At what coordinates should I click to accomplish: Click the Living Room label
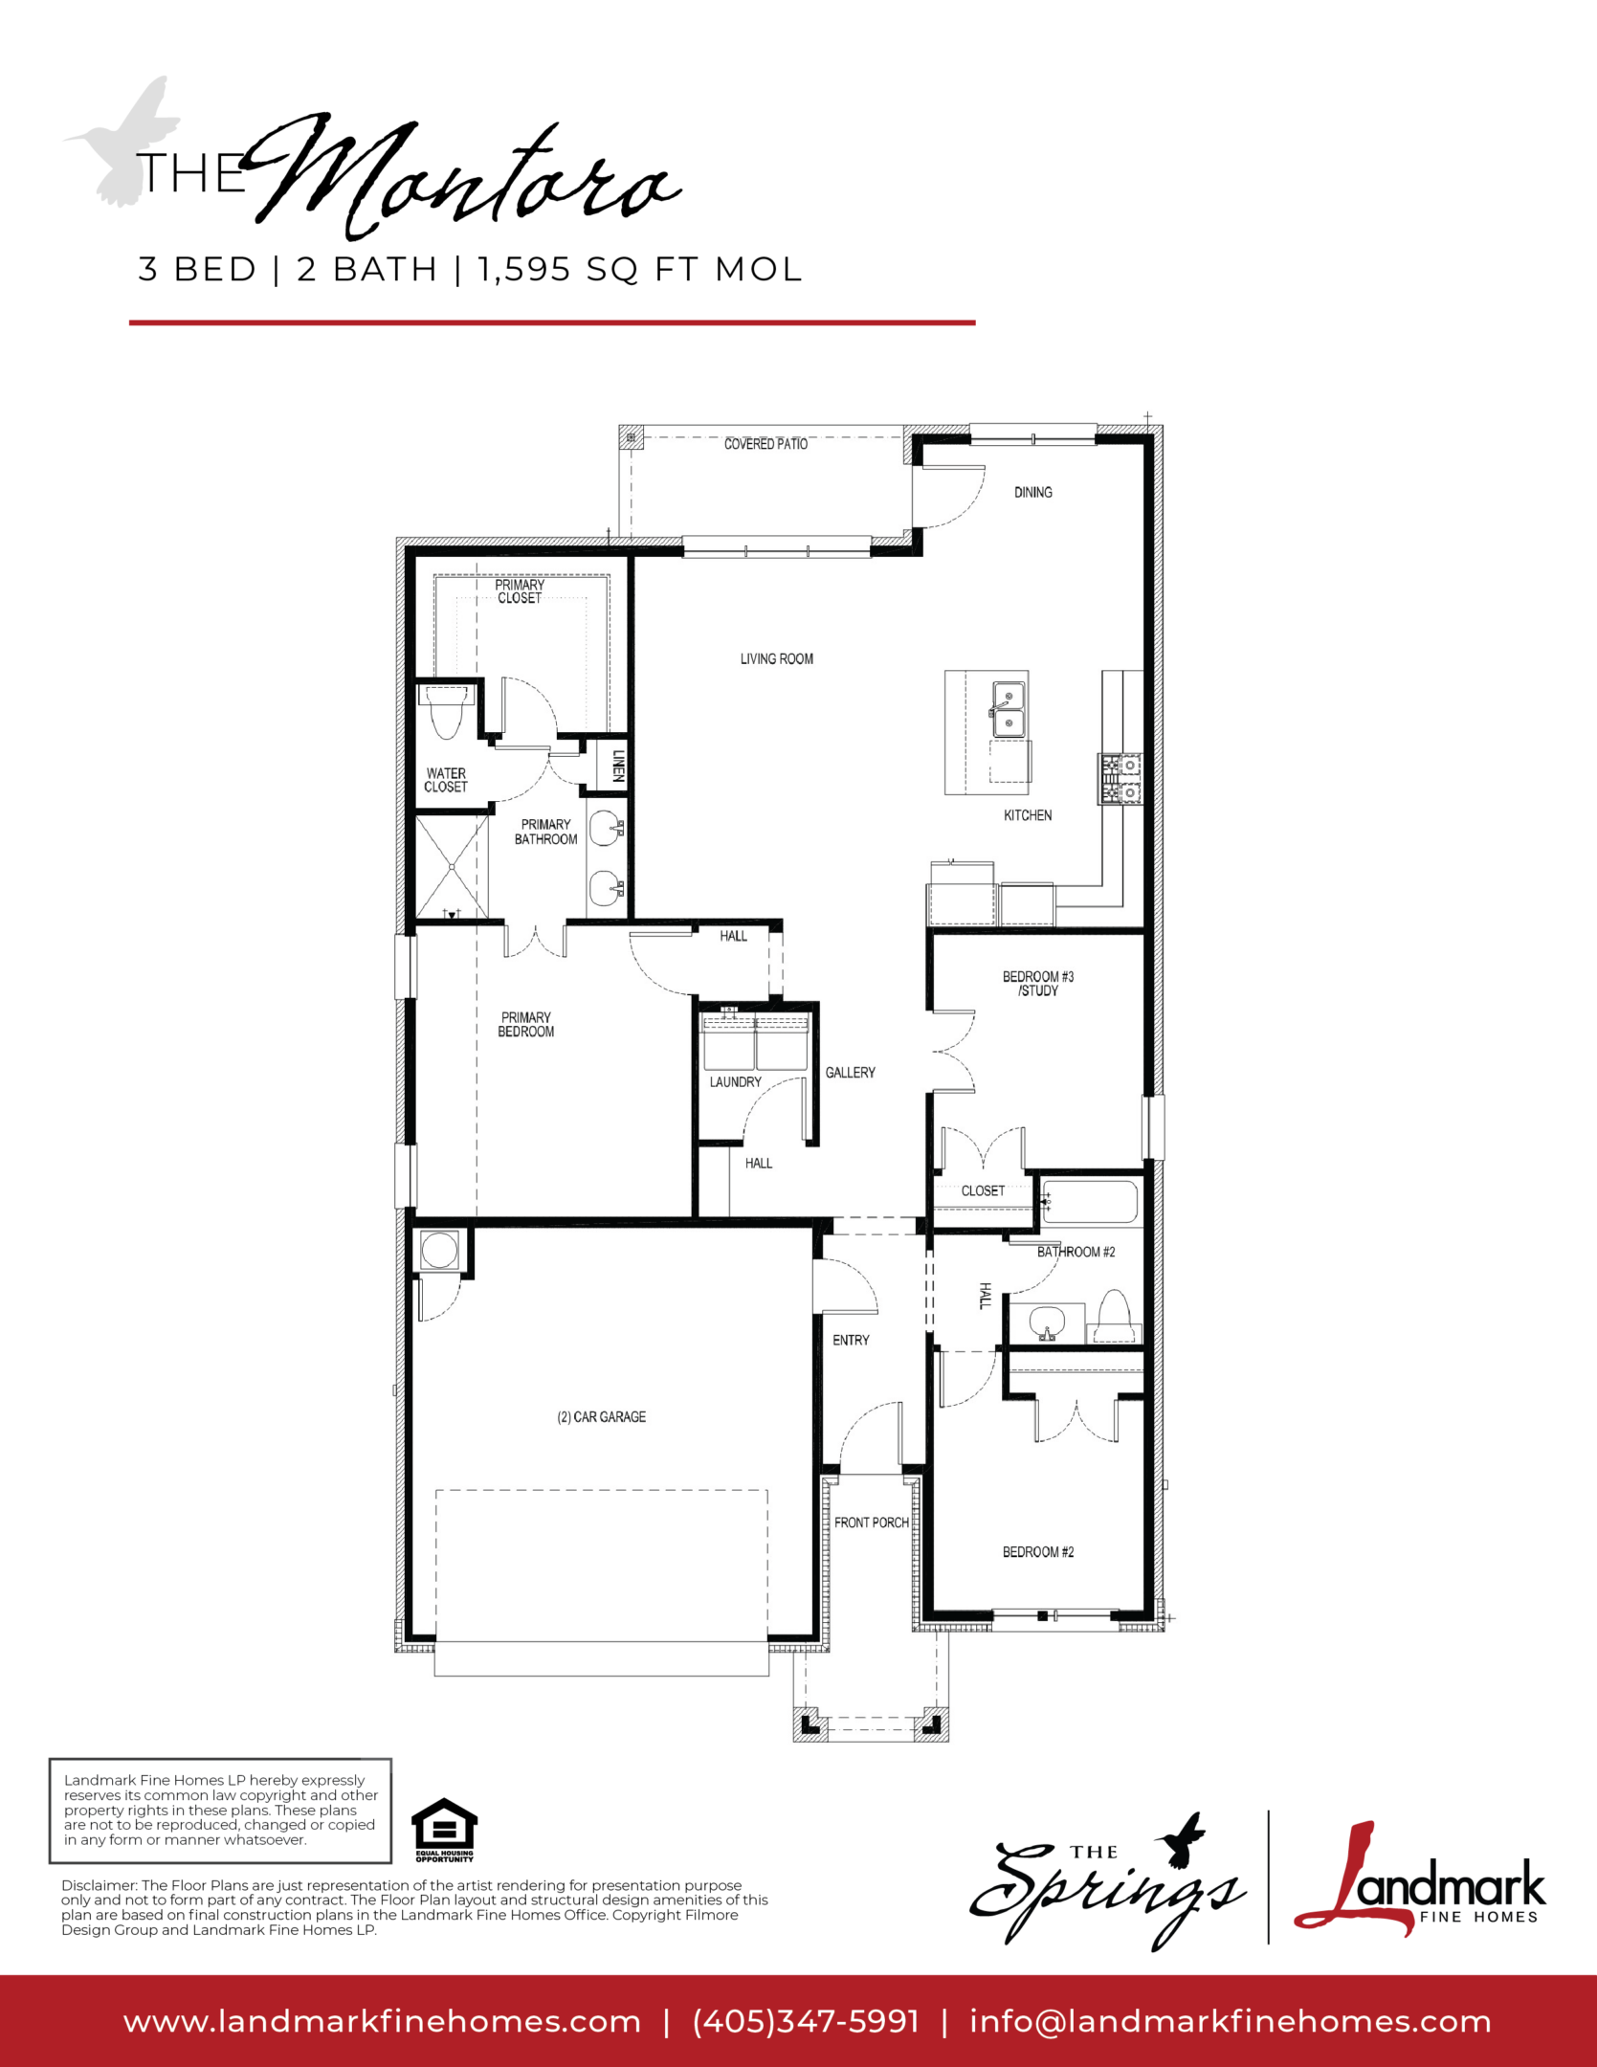coord(776,658)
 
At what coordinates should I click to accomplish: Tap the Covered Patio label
coord(765,444)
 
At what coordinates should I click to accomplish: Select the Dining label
coord(1032,492)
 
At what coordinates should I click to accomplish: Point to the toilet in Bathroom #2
coord(1115,1317)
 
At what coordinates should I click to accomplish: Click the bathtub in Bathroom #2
coord(1090,1202)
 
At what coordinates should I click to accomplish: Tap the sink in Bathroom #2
coord(1047,1322)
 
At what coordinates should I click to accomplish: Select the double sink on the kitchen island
coord(1009,709)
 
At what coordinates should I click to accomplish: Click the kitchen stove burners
coord(1120,779)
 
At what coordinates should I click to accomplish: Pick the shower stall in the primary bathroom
coord(452,867)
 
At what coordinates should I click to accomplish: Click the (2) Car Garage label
coord(601,1417)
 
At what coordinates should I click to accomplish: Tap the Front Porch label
coord(871,1522)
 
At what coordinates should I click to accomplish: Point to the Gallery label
coord(850,1073)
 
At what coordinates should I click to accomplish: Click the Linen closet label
coord(618,766)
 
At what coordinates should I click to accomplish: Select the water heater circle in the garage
coord(439,1251)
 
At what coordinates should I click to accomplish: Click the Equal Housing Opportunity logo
coord(444,1831)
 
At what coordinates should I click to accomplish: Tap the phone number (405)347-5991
coord(806,2022)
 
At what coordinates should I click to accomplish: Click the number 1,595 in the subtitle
coord(524,270)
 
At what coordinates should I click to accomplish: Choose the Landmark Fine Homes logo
coord(1419,1879)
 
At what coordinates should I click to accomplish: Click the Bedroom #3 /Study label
coord(1037,984)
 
